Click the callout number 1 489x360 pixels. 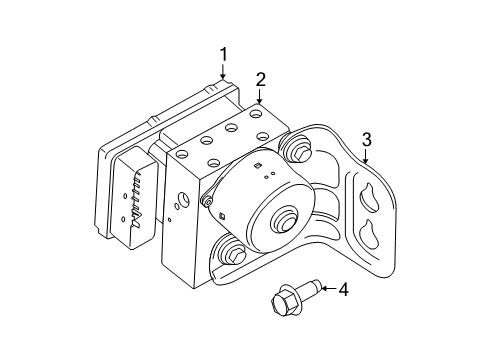click(224, 54)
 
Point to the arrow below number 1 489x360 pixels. click(224, 71)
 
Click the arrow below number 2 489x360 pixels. click(260, 97)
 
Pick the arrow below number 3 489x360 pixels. click(366, 156)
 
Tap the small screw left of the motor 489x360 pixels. click(207, 205)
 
